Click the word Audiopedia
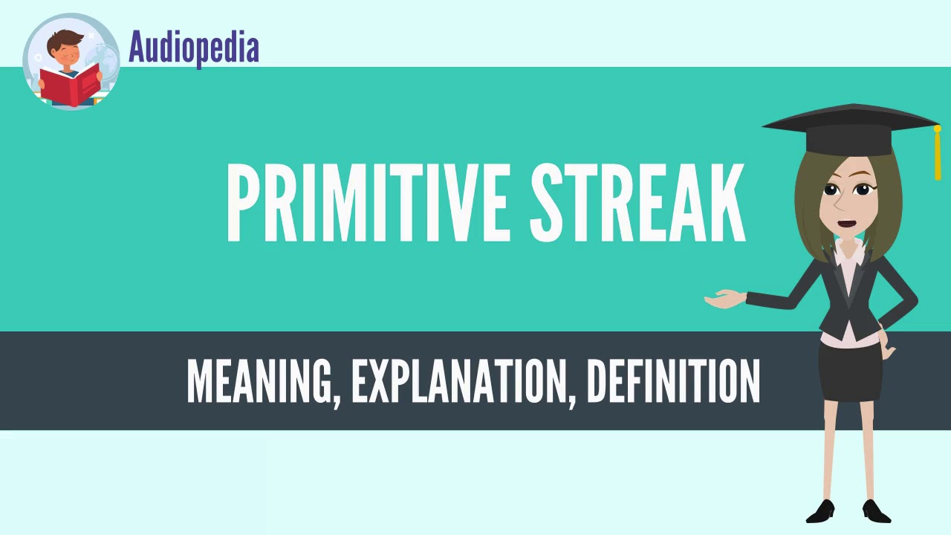[x=194, y=48]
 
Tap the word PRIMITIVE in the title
[x=367, y=203]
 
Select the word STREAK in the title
[x=637, y=203]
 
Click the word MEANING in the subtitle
[x=258, y=380]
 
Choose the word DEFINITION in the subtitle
[x=673, y=380]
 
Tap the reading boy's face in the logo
[x=68, y=52]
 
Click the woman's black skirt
[x=850, y=371]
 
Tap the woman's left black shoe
[x=820, y=510]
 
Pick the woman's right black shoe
[x=877, y=510]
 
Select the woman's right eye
[x=861, y=190]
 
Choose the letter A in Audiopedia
[x=137, y=47]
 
